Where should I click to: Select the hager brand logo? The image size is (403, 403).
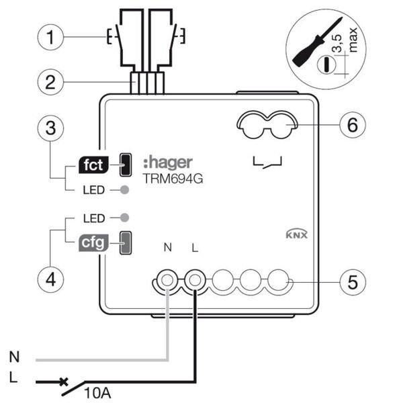click(168, 162)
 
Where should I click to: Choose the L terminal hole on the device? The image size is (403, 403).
click(195, 278)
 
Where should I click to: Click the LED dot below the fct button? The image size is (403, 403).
click(123, 190)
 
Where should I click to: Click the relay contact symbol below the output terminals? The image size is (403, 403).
click(267, 162)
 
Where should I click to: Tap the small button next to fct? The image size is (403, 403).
click(124, 163)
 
